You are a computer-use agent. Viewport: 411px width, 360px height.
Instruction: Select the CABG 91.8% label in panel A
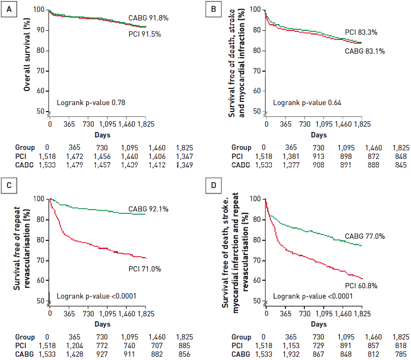coord(148,18)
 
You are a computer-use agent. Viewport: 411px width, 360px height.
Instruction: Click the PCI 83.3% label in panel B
coord(361,32)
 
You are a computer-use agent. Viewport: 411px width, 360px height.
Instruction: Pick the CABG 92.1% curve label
coord(148,209)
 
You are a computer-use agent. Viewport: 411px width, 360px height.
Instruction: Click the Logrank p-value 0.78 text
coord(92,102)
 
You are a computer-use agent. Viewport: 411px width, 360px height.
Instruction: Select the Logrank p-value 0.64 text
coord(308,102)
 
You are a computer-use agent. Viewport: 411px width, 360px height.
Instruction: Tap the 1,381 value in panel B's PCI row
coord(290,155)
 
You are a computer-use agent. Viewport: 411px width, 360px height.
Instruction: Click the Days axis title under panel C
coord(99,324)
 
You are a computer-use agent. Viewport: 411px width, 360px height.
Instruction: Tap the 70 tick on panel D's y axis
coord(256,260)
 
